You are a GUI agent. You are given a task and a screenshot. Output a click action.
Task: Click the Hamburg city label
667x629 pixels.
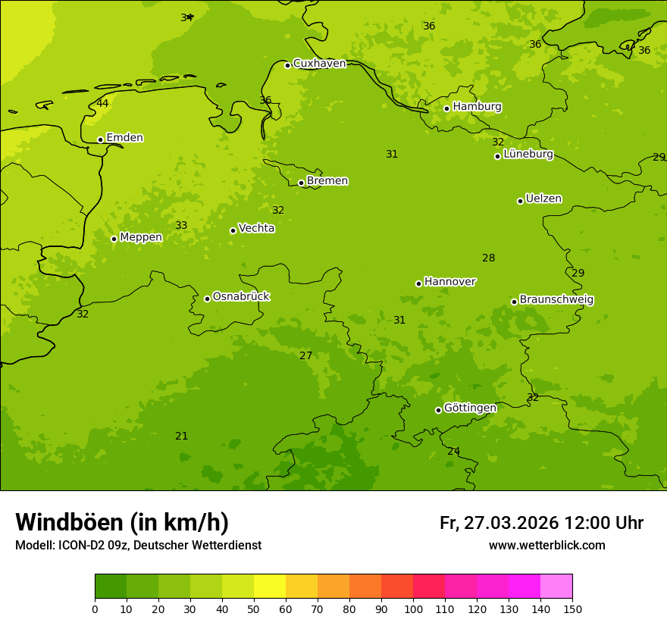click(x=477, y=107)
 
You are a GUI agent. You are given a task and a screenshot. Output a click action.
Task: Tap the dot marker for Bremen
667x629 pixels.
click(x=301, y=183)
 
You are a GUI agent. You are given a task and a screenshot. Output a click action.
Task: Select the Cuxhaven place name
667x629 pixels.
click(x=319, y=64)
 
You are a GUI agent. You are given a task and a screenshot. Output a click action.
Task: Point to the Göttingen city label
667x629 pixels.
click(x=470, y=408)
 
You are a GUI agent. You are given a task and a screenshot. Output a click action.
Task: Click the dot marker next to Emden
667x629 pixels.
click(x=100, y=139)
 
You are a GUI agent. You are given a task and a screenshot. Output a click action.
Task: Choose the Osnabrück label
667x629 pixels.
click(x=241, y=297)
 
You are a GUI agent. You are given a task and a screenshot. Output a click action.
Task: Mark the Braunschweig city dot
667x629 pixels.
click(x=514, y=302)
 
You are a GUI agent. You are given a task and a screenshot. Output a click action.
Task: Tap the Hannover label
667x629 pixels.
click(x=449, y=282)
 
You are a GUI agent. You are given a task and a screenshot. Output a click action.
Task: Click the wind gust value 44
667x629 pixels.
click(x=102, y=103)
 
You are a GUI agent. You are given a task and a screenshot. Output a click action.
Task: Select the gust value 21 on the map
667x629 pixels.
click(x=182, y=436)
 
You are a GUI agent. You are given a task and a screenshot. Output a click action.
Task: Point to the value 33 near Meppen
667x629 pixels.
click(x=181, y=225)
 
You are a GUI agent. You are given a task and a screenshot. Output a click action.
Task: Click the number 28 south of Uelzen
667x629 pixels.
click(x=489, y=258)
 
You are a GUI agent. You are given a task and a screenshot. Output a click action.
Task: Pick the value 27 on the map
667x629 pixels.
click(x=305, y=355)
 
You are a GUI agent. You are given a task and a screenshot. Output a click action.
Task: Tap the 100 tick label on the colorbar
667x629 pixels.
click(x=413, y=609)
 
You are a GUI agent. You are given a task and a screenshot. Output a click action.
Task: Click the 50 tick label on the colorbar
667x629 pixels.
click(x=254, y=609)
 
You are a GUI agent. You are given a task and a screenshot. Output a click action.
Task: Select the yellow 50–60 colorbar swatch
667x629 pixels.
click(x=270, y=587)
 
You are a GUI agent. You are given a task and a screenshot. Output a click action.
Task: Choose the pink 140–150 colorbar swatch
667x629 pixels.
click(x=556, y=587)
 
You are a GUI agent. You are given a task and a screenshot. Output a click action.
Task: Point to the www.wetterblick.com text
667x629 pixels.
click(x=546, y=546)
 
